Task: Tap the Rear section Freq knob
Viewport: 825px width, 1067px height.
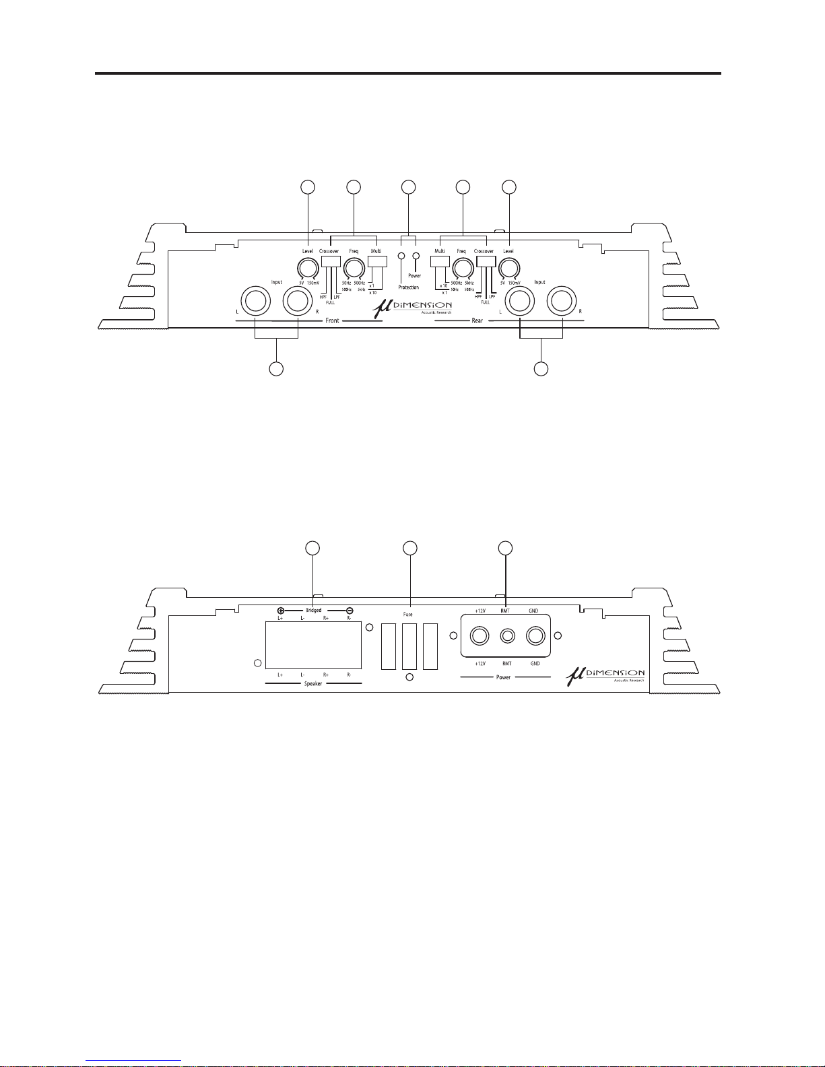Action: [461, 269]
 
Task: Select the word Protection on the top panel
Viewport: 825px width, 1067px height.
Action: [409, 287]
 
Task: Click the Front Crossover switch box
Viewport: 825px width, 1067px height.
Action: [331, 262]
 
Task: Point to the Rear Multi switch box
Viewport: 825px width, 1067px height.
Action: [439, 262]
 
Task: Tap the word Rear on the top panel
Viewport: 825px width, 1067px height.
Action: [477, 321]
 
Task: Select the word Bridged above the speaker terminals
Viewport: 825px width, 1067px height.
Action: [314, 611]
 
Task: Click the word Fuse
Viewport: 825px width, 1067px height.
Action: [408, 615]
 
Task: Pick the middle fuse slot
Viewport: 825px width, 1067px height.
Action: [409, 646]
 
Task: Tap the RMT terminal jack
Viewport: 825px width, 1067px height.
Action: [507, 635]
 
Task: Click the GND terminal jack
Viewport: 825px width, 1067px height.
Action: [535, 635]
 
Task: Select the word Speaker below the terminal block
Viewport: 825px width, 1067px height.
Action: [313, 683]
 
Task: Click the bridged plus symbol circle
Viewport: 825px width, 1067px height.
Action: [281, 611]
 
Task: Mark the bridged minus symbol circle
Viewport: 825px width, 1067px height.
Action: [350, 611]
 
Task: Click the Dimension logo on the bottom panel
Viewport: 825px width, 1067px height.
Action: [605, 674]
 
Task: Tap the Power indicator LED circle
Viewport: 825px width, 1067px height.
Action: [416, 256]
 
